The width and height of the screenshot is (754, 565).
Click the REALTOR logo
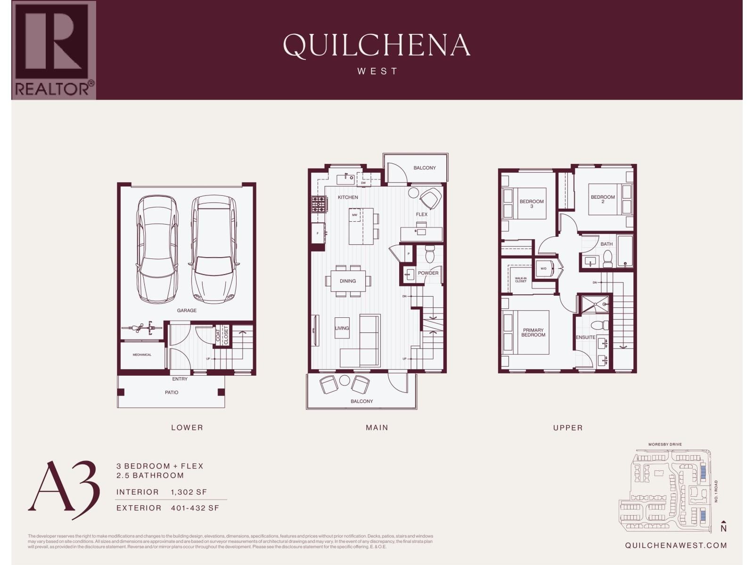[x=54, y=50]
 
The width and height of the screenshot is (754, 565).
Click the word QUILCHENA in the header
[x=377, y=46]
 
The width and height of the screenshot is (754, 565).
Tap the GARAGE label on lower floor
[x=187, y=310]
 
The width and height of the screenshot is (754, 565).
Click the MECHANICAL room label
[x=142, y=355]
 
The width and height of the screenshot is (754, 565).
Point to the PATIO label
[x=172, y=392]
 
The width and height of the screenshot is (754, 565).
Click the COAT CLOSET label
[x=222, y=335]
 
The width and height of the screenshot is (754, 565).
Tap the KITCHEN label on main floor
[x=348, y=197]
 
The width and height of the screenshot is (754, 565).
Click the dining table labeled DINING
[x=348, y=281]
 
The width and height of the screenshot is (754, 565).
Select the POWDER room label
[x=428, y=273]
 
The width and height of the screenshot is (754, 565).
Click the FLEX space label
[x=422, y=214]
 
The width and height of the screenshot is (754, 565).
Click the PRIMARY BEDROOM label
[x=533, y=332]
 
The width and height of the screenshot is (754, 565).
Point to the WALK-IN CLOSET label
[x=521, y=280]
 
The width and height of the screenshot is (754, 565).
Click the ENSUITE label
[x=585, y=337]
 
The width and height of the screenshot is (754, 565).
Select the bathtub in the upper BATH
[x=625, y=251]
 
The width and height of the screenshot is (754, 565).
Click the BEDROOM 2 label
[x=603, y=199]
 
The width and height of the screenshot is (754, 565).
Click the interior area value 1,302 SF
[x=189, y=492]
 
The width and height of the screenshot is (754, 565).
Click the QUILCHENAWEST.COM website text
[x=676, y=545]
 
